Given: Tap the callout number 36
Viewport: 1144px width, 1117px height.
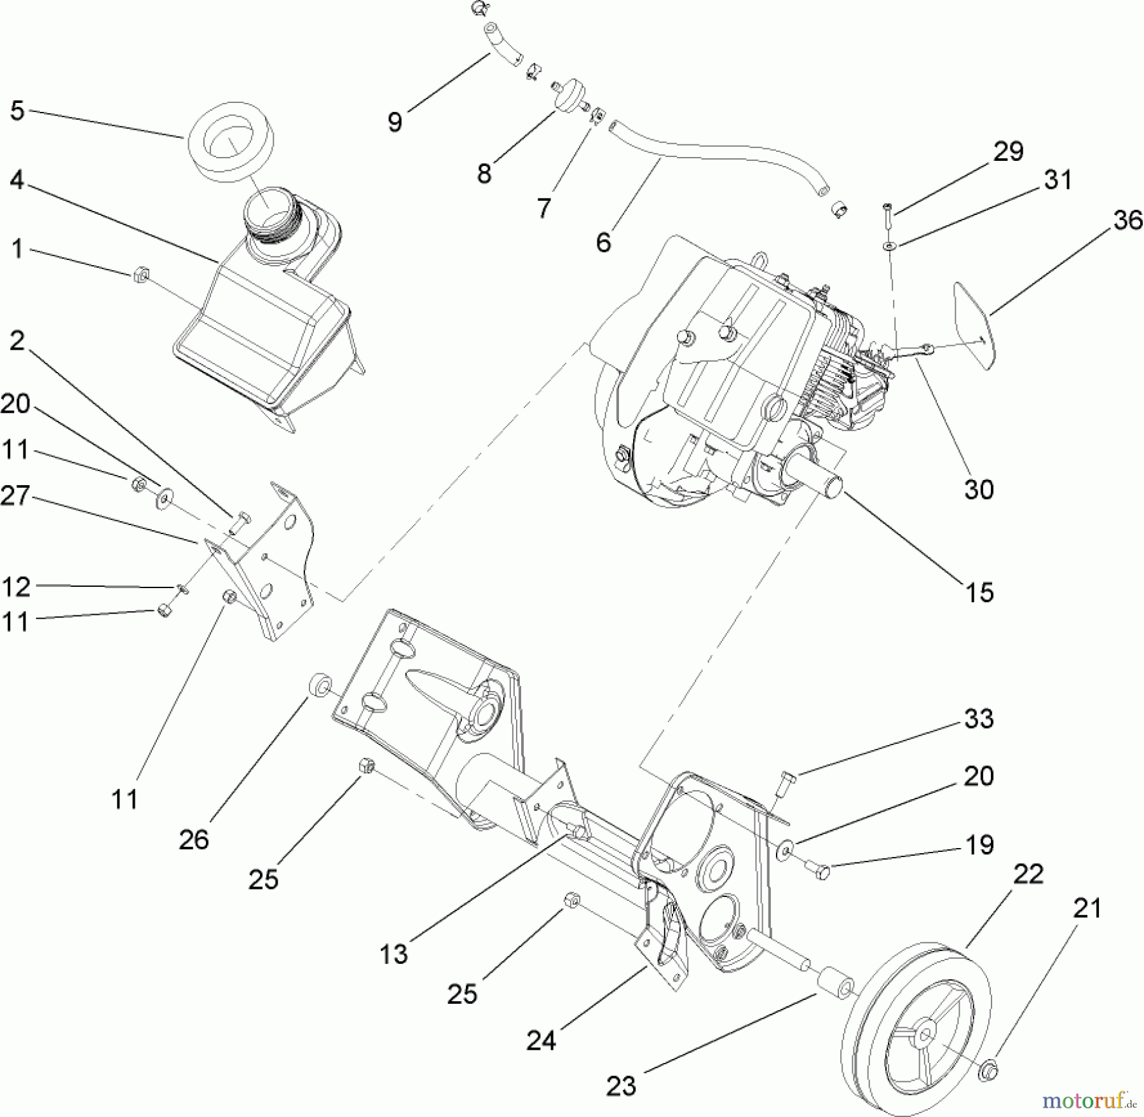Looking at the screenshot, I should tap(1127, 221).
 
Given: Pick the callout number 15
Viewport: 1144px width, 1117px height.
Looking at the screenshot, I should tap(979, 593).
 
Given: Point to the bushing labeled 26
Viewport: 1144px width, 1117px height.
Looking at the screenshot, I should tap(320, 687).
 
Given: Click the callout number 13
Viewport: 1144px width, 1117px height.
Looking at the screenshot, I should tap(393, 954).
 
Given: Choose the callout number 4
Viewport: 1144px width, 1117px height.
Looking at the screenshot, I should tap(17, 181).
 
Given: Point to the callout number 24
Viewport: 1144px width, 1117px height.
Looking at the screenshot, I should tap(541, 1041).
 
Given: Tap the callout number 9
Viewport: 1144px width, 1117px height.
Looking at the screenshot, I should tap(395, 121).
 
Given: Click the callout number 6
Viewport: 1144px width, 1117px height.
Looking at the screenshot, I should tap(603, 242).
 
